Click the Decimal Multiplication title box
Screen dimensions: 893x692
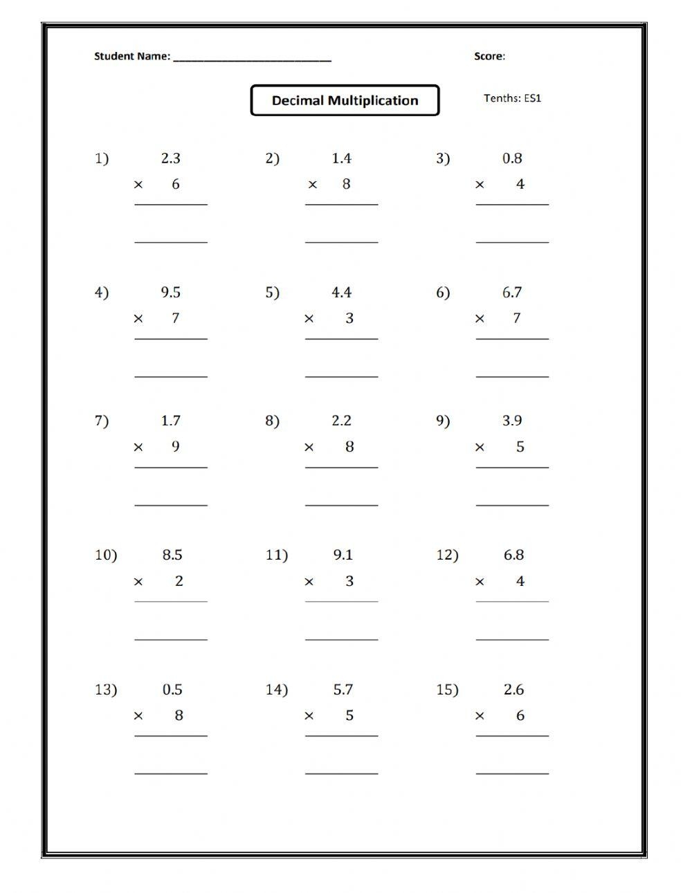coord(345,100)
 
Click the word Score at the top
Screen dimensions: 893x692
coord(489,56)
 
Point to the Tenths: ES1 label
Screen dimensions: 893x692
coord(512,98)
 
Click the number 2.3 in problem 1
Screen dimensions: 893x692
coord(170,158)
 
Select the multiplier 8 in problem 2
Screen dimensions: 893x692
coord(346,184)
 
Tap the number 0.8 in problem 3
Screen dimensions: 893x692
coord(512,158)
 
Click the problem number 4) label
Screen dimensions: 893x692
coord(102,293)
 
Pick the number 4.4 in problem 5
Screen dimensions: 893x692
coord(341,293)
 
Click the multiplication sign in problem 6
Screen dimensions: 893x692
coord(480,319)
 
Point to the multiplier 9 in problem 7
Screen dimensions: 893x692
coord(175,447)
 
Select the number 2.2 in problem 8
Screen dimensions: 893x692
coord(341,421)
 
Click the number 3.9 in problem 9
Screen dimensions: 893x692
coord(512,421)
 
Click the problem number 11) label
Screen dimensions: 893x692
coord(276,555)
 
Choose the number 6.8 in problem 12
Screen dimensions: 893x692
coord(513,555)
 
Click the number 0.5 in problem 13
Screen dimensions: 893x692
coord(172,690)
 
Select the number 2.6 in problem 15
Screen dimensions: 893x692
coord(513,690)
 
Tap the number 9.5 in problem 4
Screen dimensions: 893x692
coord(170,293)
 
